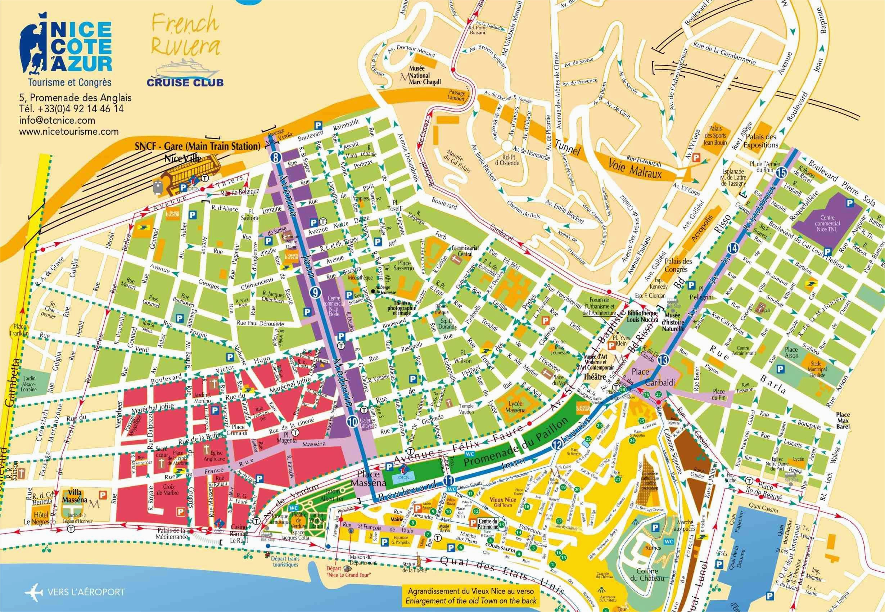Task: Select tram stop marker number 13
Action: coord(664,360)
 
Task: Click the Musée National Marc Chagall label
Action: coord(424,76)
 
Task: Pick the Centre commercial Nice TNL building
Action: coord(827,223)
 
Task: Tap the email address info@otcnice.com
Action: coord(57,120)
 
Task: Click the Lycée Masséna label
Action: coord(515,406)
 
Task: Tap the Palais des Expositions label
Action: coord(761,141)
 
